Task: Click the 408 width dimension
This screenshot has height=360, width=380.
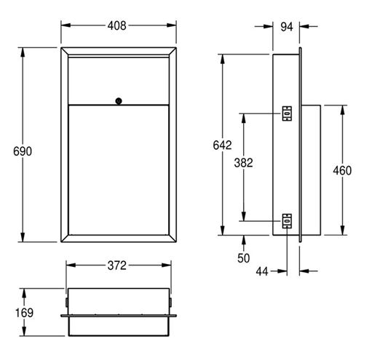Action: point(116,25)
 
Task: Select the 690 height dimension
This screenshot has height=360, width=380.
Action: point(23,151)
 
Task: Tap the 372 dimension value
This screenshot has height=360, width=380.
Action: point(117,265)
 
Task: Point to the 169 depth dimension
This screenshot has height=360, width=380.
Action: point(24,313)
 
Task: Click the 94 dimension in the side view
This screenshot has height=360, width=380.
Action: point(287,27)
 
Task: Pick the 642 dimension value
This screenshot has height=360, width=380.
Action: point(222,145)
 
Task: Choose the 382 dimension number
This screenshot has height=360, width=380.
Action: point(243,163)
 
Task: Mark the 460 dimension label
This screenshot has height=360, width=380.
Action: point(342,170)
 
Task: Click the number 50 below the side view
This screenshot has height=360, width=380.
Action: point(243,258)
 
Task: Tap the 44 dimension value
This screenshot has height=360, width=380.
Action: point(262,271)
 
